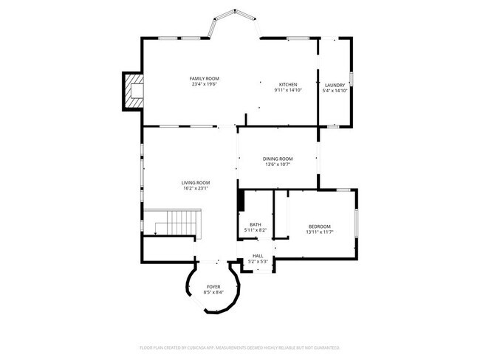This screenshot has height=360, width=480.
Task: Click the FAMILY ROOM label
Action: (204, 78)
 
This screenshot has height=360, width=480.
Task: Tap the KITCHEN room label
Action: (288, 85)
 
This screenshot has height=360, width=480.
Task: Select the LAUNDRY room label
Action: (335, 85)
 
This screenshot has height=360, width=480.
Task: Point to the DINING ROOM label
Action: (278, 159)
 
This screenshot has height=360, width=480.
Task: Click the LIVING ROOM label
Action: (196, 182)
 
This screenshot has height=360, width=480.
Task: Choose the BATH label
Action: (255, 224)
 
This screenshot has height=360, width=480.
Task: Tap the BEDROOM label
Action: (319, 226)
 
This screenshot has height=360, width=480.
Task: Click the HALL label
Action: (258, 256)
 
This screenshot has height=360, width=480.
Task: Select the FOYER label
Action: (213, 286)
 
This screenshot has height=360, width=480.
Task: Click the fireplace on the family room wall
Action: (133, 91)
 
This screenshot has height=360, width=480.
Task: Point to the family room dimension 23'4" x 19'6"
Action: (204, 84)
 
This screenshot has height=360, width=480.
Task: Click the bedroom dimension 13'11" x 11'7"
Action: (319, 232)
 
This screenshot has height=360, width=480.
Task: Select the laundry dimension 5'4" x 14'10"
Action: (335, 91)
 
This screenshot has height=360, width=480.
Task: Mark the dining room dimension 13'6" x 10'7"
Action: (278, 165)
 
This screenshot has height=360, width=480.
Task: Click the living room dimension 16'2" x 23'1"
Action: (196, 188)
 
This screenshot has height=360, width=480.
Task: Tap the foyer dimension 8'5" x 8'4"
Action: (213, 292)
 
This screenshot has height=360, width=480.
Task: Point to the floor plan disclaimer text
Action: (239, 347)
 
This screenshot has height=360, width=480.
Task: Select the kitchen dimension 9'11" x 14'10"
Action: (288, 91)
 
